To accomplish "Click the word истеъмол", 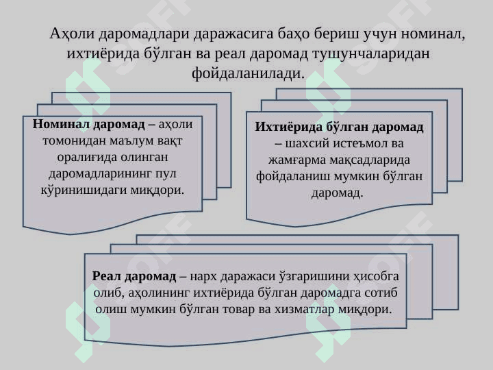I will click(x=364, y=144).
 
